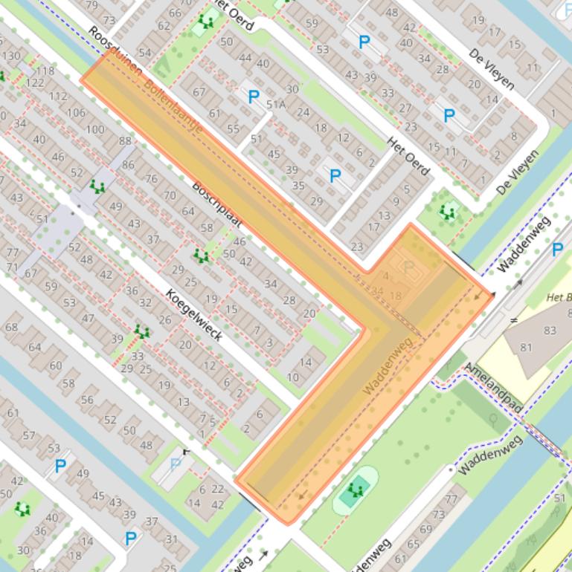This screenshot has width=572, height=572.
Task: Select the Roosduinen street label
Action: click(x=106, y=49)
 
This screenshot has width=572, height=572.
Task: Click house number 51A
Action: click(x=277, y=104)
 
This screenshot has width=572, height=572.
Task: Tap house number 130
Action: click(x=11, y=56)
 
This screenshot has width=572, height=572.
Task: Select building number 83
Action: click(x=550, y=330)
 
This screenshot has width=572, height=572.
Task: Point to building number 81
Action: click(x=527, y=347)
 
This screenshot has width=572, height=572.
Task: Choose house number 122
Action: click(x=35, y=82)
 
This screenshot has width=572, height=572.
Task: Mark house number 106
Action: click(x=76, y=112)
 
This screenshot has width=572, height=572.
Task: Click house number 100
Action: click(x=95, y=129)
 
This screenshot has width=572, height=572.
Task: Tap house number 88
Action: click(x=124, y=141)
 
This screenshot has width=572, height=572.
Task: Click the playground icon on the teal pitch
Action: click(x=358, y=490)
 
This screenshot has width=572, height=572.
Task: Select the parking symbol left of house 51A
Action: click(x=254, y=96)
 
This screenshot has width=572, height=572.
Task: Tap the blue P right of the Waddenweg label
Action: click(x=557, y=250)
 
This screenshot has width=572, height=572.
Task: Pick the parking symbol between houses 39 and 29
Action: click(x=335, y=176)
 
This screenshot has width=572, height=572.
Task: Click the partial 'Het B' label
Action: click(x=559, y=297)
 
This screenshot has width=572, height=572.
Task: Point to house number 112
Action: click(x=57, y=97)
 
